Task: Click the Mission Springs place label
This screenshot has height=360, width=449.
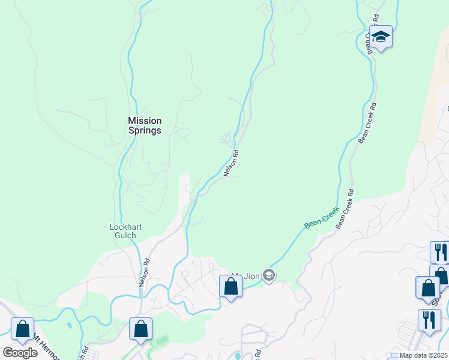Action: click(x=145, y=125)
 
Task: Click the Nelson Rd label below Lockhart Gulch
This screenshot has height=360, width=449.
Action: click(x=144, y=272)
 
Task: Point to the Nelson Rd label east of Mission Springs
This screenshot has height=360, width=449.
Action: click(x=232, y=163)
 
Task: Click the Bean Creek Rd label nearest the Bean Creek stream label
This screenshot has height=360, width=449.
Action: click(x=345, y=210)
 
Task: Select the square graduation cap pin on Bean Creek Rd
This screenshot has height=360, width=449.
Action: click(x=381, y=37)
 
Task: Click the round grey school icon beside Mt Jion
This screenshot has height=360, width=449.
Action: click(x=269, y=275)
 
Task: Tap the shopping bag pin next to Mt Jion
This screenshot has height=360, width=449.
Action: click(x=231, y=287)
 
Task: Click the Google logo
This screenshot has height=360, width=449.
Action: click(x=20, y=353)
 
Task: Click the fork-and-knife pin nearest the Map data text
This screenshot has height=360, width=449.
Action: click(x=429, y=320)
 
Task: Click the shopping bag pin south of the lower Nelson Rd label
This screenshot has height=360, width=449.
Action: click(x=140, y=329)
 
